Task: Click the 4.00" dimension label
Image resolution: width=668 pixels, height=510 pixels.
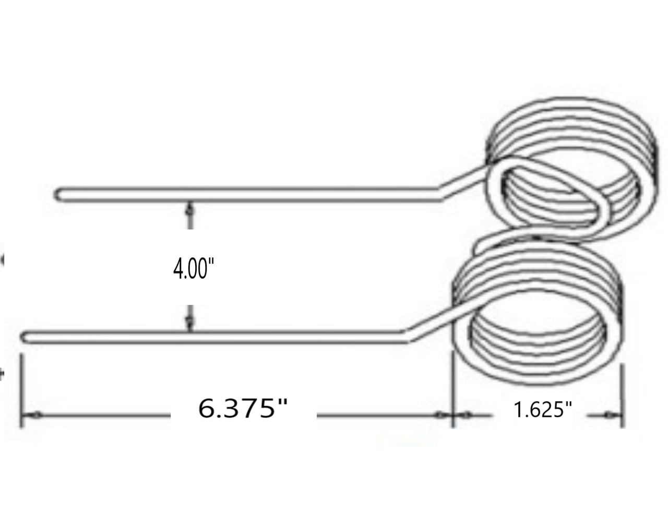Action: [194, 270]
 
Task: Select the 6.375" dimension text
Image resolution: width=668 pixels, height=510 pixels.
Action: [243, 409]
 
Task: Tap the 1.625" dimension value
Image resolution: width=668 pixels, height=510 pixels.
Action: [543, 410]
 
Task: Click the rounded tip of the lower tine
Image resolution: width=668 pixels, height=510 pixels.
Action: [23, 337]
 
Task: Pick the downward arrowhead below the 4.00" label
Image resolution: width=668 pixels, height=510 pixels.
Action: [190, 324]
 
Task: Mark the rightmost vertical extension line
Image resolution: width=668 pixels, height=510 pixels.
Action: [623, 397]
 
